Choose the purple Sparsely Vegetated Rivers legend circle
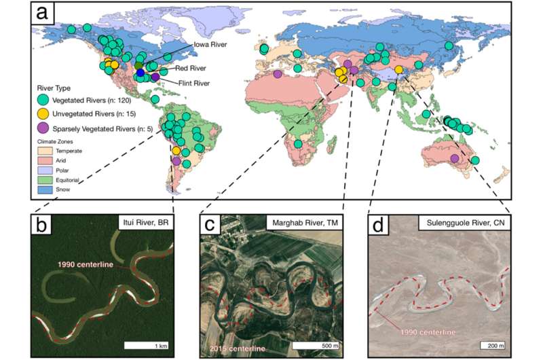coord(43,128)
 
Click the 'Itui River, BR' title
coord(145,223)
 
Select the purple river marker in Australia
coord(455,158)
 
